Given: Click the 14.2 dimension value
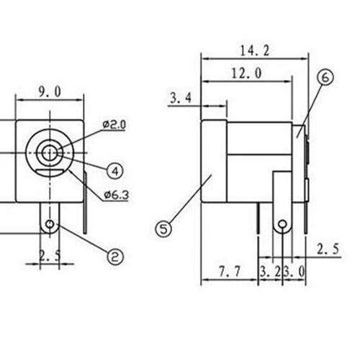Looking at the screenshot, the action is click(x=255, y=51).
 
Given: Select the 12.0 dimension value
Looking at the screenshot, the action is click(x=246, y=73).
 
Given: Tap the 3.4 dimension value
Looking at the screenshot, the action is click(x=181, y=98).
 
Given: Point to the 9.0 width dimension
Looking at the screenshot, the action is click(x=50, y=92).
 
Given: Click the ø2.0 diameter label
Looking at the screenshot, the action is click(x=114, y=125).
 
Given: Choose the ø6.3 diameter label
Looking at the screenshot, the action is click(x=117, y=195).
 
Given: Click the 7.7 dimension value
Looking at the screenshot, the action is click(x=230, y=271).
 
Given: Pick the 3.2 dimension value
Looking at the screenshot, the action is click(x=270, y=271).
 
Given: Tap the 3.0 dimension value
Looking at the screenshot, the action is click(x=294, y=271).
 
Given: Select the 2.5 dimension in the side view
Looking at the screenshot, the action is click(x=328, y=249).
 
